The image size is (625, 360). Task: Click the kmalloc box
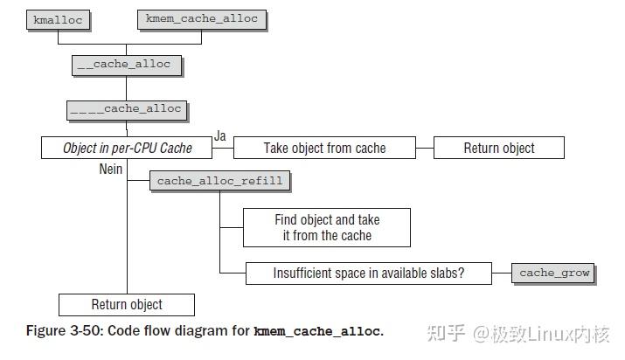tap(57, 19)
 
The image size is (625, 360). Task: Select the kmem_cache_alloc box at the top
tap(202, 19)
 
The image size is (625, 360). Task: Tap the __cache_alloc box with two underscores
tap(127, 65)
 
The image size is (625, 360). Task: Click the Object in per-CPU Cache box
tap(128, 148)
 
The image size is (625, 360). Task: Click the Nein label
tap(111, 169)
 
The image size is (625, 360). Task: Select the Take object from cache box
tap(324, 148)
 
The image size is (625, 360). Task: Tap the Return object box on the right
tap(499, 148)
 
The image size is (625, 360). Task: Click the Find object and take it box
tap(326, 227)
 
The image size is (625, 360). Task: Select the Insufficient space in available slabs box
tap(368, 273)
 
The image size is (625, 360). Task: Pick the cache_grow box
tap(553, 273)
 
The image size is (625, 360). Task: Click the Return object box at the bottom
tap(127, 304)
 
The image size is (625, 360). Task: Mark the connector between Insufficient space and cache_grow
tap(502, 273)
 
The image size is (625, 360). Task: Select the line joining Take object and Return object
tap(425, 148)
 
